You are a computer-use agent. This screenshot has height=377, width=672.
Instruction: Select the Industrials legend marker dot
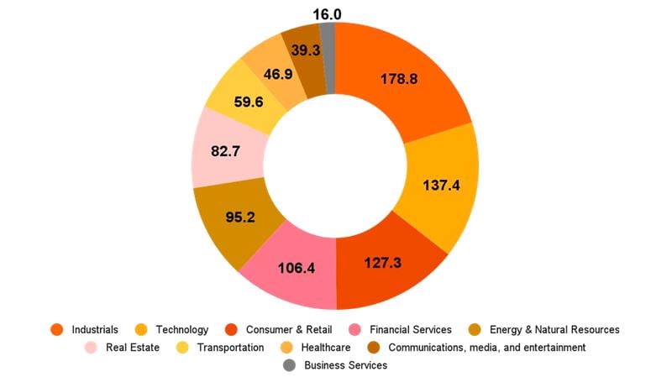pos(57,329)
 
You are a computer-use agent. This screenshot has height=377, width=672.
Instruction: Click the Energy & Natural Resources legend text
pos(554,329)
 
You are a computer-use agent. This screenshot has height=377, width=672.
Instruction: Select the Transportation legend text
pos(230,347)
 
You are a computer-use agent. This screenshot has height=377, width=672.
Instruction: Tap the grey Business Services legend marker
pos(289,365)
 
